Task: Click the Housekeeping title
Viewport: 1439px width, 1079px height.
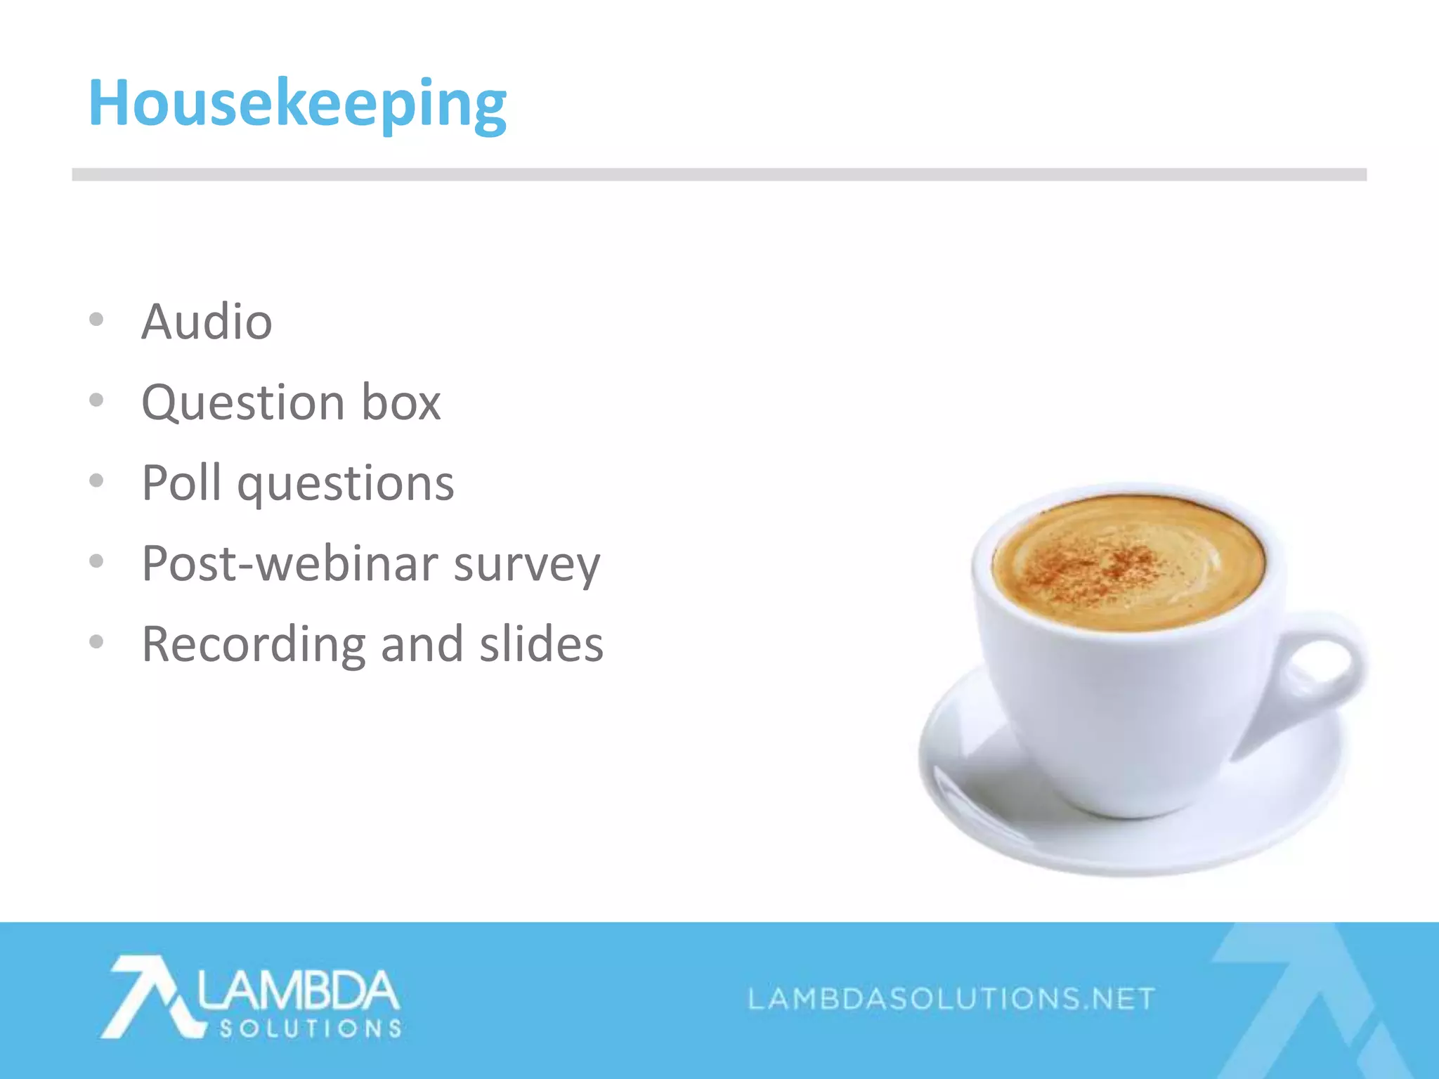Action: pos(297,104)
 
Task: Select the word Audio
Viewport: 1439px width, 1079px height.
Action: pos(207,322)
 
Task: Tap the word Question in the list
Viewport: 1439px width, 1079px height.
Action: pos(242,403)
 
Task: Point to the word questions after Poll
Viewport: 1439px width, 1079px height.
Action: pos(346,485)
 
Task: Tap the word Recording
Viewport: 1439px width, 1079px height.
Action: pos(254,645)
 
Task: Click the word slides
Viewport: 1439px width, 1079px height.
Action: pos(541,643)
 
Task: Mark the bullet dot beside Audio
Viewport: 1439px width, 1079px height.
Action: pos(97,320)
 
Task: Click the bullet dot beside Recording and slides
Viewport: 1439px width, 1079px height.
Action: pos(97,641)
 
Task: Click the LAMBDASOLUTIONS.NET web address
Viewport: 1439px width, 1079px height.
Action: pos(951,998)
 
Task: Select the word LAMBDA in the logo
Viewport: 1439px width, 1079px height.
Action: pos(298,990)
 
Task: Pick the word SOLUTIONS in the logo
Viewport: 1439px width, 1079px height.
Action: pos(311,1029)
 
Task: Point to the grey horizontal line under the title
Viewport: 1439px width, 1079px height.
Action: pos(719,174)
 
